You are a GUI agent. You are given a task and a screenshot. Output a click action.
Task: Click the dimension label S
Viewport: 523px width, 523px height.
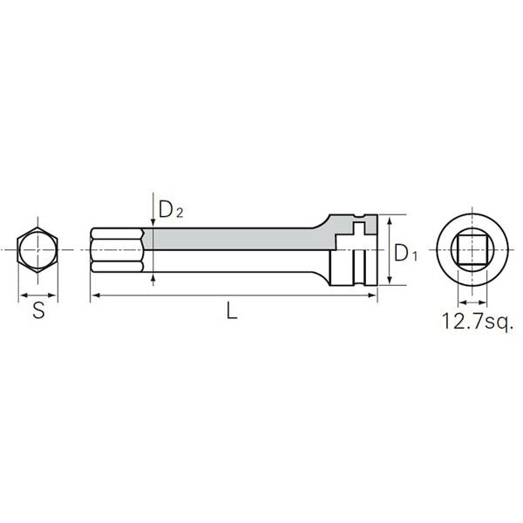click(38, 310)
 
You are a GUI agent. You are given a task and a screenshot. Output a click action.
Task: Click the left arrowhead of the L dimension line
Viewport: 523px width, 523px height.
click(93, 296)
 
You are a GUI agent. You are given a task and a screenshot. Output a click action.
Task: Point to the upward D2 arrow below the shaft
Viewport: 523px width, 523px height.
click(153, 277)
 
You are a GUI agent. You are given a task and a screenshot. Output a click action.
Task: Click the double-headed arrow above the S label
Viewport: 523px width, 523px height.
click(38, 295)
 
